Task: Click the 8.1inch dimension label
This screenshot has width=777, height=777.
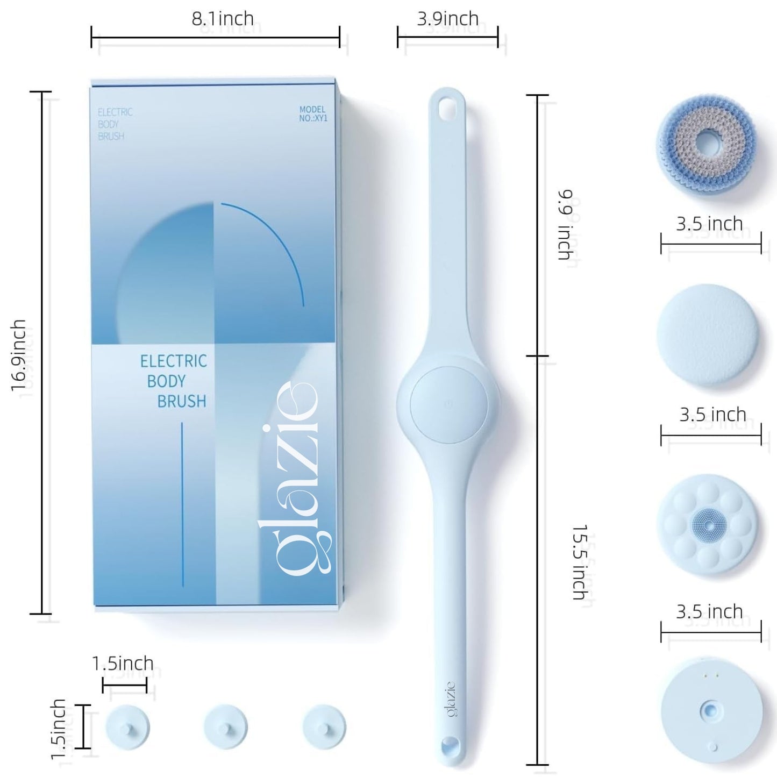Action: click(x=223, y=19)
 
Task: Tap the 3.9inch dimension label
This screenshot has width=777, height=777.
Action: click(x=447, y=19)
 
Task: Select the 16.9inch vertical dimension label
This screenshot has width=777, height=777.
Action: click(x=18, y=355)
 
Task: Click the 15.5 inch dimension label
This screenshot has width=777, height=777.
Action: click(x=580, y=562)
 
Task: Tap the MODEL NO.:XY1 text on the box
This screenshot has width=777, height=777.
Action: click(x=312, y=113)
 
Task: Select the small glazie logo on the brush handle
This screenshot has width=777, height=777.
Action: click(x=451, y=699)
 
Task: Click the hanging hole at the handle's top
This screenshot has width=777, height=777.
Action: click(x=447, y=108)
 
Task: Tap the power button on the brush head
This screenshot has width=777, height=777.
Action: click(x=448, y=404)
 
